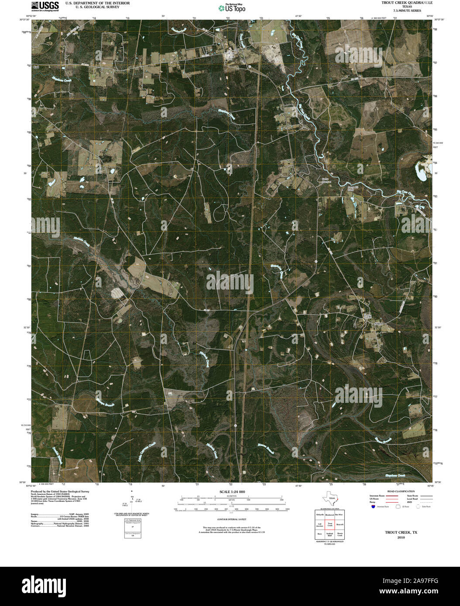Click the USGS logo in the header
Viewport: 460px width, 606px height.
(x=45, y=6)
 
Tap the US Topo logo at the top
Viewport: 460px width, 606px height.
(x=232, y=7)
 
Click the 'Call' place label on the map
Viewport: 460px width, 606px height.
(x=36, y=67)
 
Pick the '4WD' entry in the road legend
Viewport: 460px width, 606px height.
(x=409, y=503)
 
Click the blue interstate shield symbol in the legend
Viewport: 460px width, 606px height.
(x=372, y=507)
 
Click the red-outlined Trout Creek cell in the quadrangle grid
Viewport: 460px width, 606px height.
(x=330, y=524)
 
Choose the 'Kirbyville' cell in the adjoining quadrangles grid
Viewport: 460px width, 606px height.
(x=319, y=515)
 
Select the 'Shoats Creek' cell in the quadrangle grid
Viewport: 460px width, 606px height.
(x=340, y=534)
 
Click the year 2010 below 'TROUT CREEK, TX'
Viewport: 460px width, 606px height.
(x=401, y=538)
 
